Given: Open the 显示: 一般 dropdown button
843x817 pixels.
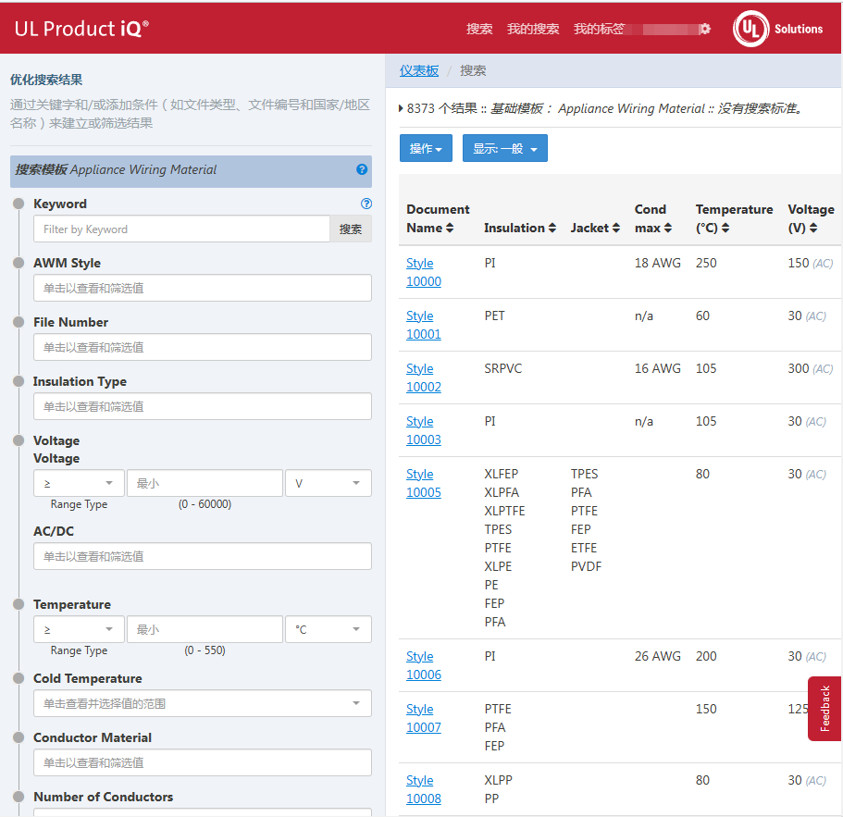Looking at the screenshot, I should pyautogui.click(x=504, y=148).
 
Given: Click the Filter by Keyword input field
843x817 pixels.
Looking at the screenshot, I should pyautogui.click(x=181, y=229).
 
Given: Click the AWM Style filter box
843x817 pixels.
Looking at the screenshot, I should pyautogui.click(x=202, y=288).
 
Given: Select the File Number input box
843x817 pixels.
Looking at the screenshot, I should pyautogui.click(x=202, y=347).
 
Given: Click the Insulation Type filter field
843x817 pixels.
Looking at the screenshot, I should pyautogui.click(x=202, y=406).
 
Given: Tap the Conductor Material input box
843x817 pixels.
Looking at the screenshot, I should pyautogui.click(x=202, y=762).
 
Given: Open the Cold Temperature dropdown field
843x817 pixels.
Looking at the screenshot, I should pyautogui.click(x=202, y=703).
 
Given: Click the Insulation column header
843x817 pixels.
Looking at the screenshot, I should pyautogui.click(x=519, y=228).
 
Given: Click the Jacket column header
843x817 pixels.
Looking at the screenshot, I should pyautogui.click(x=595, y=228).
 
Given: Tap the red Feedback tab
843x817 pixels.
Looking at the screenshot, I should pyautogui.click(x=824, y=709).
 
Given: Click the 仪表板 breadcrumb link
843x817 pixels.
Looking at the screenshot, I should pyautogui.click(x=419, y=70).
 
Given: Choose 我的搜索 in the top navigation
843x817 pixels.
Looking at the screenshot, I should pyautogui.click(x=533, y=29).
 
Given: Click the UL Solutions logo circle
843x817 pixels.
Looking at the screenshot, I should pyautogui.click(x=750, y=29).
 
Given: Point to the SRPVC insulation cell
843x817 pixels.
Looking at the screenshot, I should pyautogui.click(x=502, y=368).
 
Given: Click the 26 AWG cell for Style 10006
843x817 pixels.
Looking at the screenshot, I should pyautogui.click(x=657, y=656).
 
